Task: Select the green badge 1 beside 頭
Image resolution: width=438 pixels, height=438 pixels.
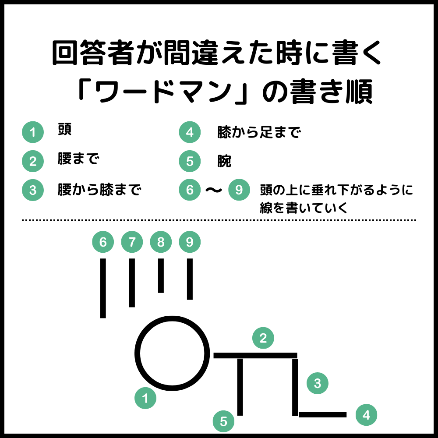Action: coord(33,132)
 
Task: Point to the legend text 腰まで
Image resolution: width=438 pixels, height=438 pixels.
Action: coord(78,159)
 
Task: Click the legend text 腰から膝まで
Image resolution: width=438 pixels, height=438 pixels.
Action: coord(99,190)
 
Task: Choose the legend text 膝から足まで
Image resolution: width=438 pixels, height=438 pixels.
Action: coord(259,132)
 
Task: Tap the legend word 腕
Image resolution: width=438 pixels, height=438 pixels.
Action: coord(224,161)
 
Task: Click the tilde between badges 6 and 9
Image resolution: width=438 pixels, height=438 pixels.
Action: coord(214,190)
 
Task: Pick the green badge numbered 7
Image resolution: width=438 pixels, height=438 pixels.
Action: coord(132,242)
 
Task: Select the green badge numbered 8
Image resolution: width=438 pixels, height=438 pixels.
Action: coord(161,242)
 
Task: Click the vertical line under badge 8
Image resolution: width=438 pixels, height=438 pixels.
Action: coord(161,276)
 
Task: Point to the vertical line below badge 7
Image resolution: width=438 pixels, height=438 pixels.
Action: coord(132,283)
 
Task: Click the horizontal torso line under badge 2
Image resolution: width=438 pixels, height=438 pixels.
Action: coord(255,355)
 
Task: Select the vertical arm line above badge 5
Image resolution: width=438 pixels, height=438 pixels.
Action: coord(240,387)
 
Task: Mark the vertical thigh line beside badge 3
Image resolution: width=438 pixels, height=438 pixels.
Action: coord(295,387)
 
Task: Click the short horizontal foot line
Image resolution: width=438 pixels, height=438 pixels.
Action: coord(323,414)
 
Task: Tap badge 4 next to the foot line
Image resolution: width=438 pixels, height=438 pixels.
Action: coord(366,415)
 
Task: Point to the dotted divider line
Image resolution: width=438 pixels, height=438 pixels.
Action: coord(219,220)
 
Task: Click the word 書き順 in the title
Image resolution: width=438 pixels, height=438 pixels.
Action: coord(331,92)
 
